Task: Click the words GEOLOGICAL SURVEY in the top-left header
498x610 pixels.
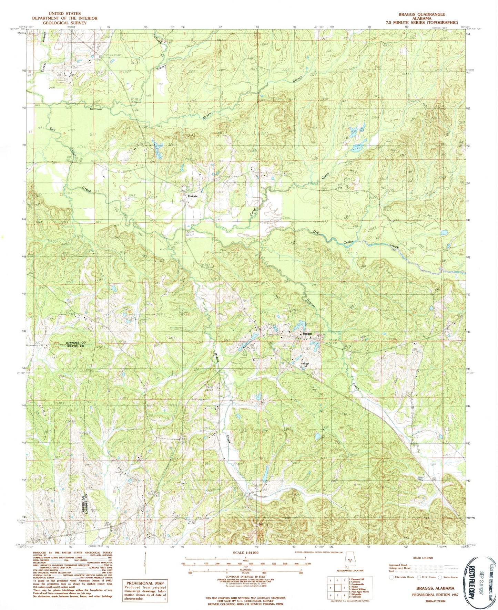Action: pyautogui.click(x=64, y=23)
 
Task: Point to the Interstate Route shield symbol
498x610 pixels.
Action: pyautogui.click(x=390, y=577)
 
